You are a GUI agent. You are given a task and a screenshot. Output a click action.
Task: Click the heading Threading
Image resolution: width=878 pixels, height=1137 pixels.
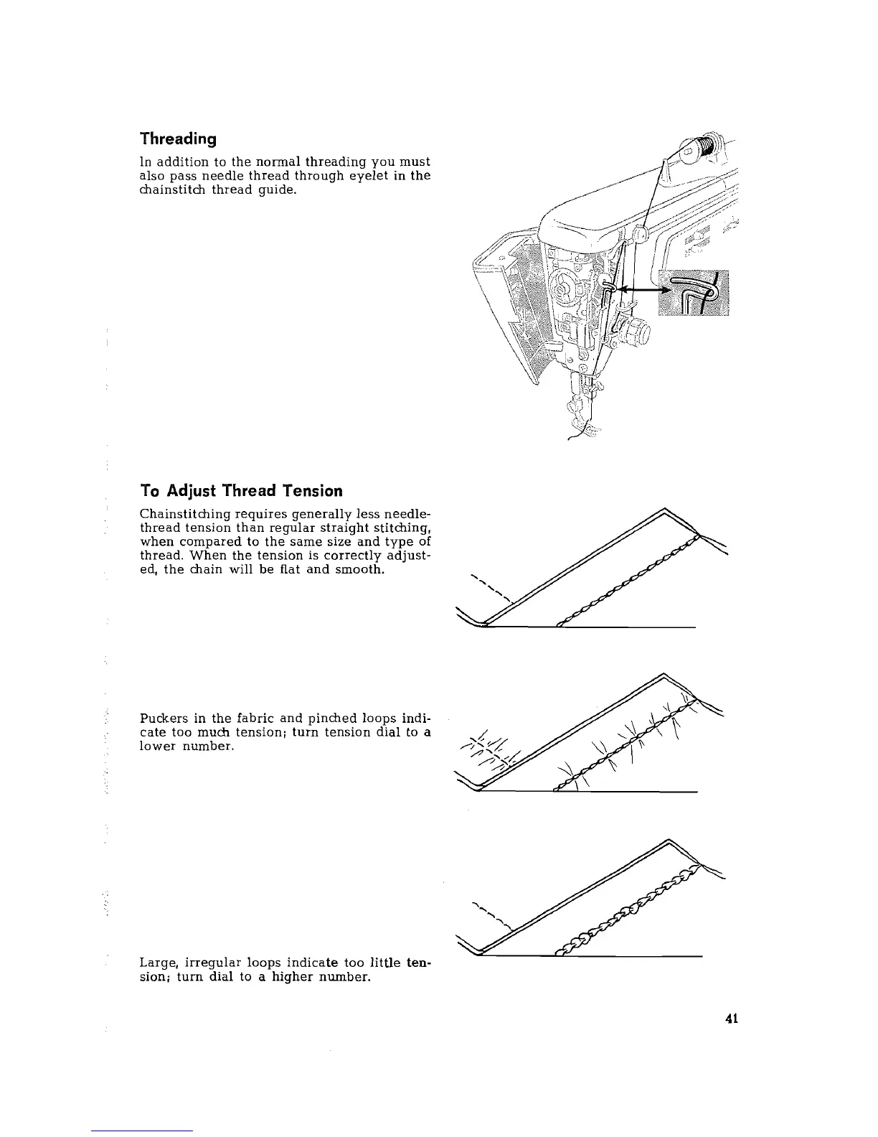pyautogui.click(x=179, y=139)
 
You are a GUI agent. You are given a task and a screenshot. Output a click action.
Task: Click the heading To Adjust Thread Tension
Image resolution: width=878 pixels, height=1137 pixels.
pyautogui.click(x=241, y=491)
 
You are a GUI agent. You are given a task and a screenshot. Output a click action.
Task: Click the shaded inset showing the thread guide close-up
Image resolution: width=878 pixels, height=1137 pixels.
pyautogui.click(x=696, y=292)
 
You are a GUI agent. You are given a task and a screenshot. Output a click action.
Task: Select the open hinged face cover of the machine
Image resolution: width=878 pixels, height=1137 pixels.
pyautogui.click(x=502, y=301)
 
